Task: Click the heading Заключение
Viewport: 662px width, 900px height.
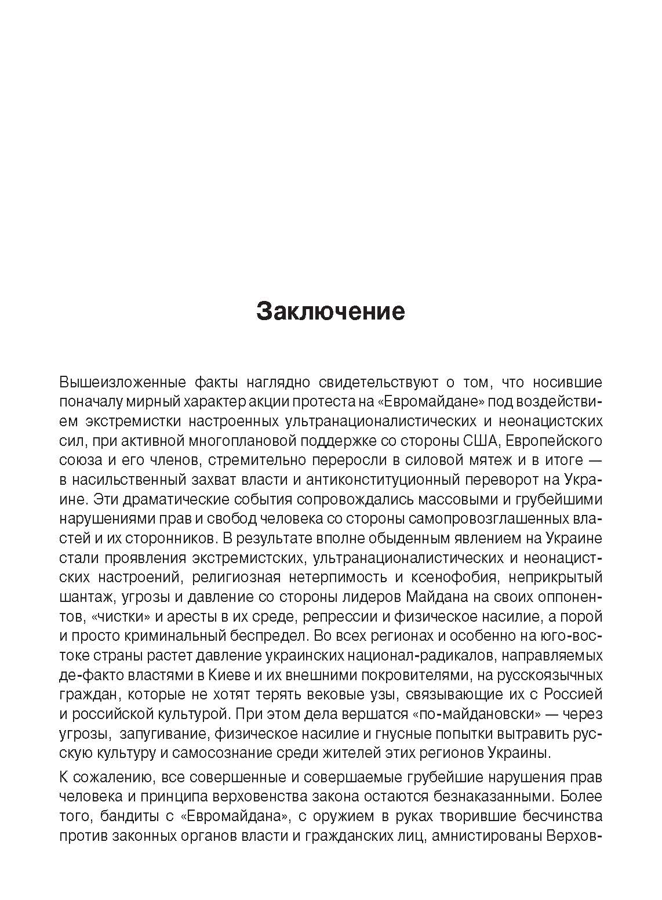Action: coord(330,311)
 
